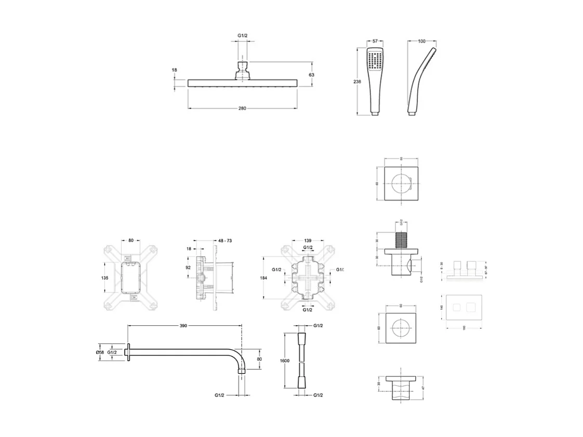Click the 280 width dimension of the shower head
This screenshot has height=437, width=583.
(242, 109)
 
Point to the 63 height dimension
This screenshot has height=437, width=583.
(312, 75)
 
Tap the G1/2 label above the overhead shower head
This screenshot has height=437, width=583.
(242, 35)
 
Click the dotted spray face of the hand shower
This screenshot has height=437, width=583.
(374, 61)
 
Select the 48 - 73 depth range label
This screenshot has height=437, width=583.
(225, 241)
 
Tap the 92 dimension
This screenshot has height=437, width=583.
(188, 268)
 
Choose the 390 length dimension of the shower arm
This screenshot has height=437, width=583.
(183, 326)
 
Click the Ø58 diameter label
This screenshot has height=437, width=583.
(100, 352)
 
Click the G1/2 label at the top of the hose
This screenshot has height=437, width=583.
(318, 325)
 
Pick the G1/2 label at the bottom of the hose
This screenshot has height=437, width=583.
(318, 395)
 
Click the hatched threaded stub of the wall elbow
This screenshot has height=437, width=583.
(401, 240)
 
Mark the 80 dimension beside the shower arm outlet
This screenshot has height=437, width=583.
(259, 359)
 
